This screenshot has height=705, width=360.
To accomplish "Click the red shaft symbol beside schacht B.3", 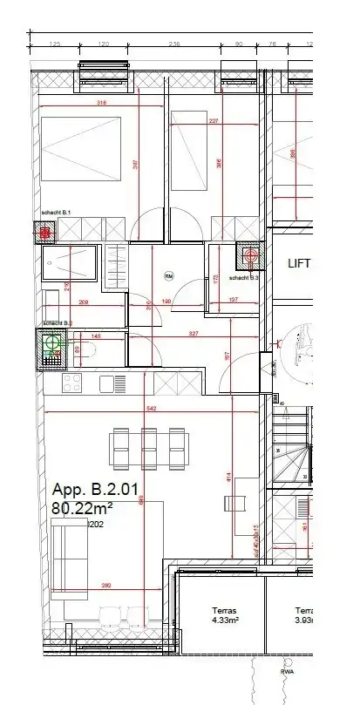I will [x=252, y=256].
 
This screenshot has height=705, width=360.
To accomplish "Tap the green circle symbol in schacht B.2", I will [x=53, y=342].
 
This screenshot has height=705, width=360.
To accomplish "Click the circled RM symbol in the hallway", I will [x=169, y=276].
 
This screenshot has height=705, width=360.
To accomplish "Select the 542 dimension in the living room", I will [x=151, y=408].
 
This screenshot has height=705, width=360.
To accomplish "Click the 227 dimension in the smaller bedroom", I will [x=214, y=121].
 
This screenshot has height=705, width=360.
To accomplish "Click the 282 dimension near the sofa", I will [x=106, y=585].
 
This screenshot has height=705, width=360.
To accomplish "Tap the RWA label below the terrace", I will [x=285, y=672].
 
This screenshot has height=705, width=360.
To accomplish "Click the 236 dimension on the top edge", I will [x=173, y=42].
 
